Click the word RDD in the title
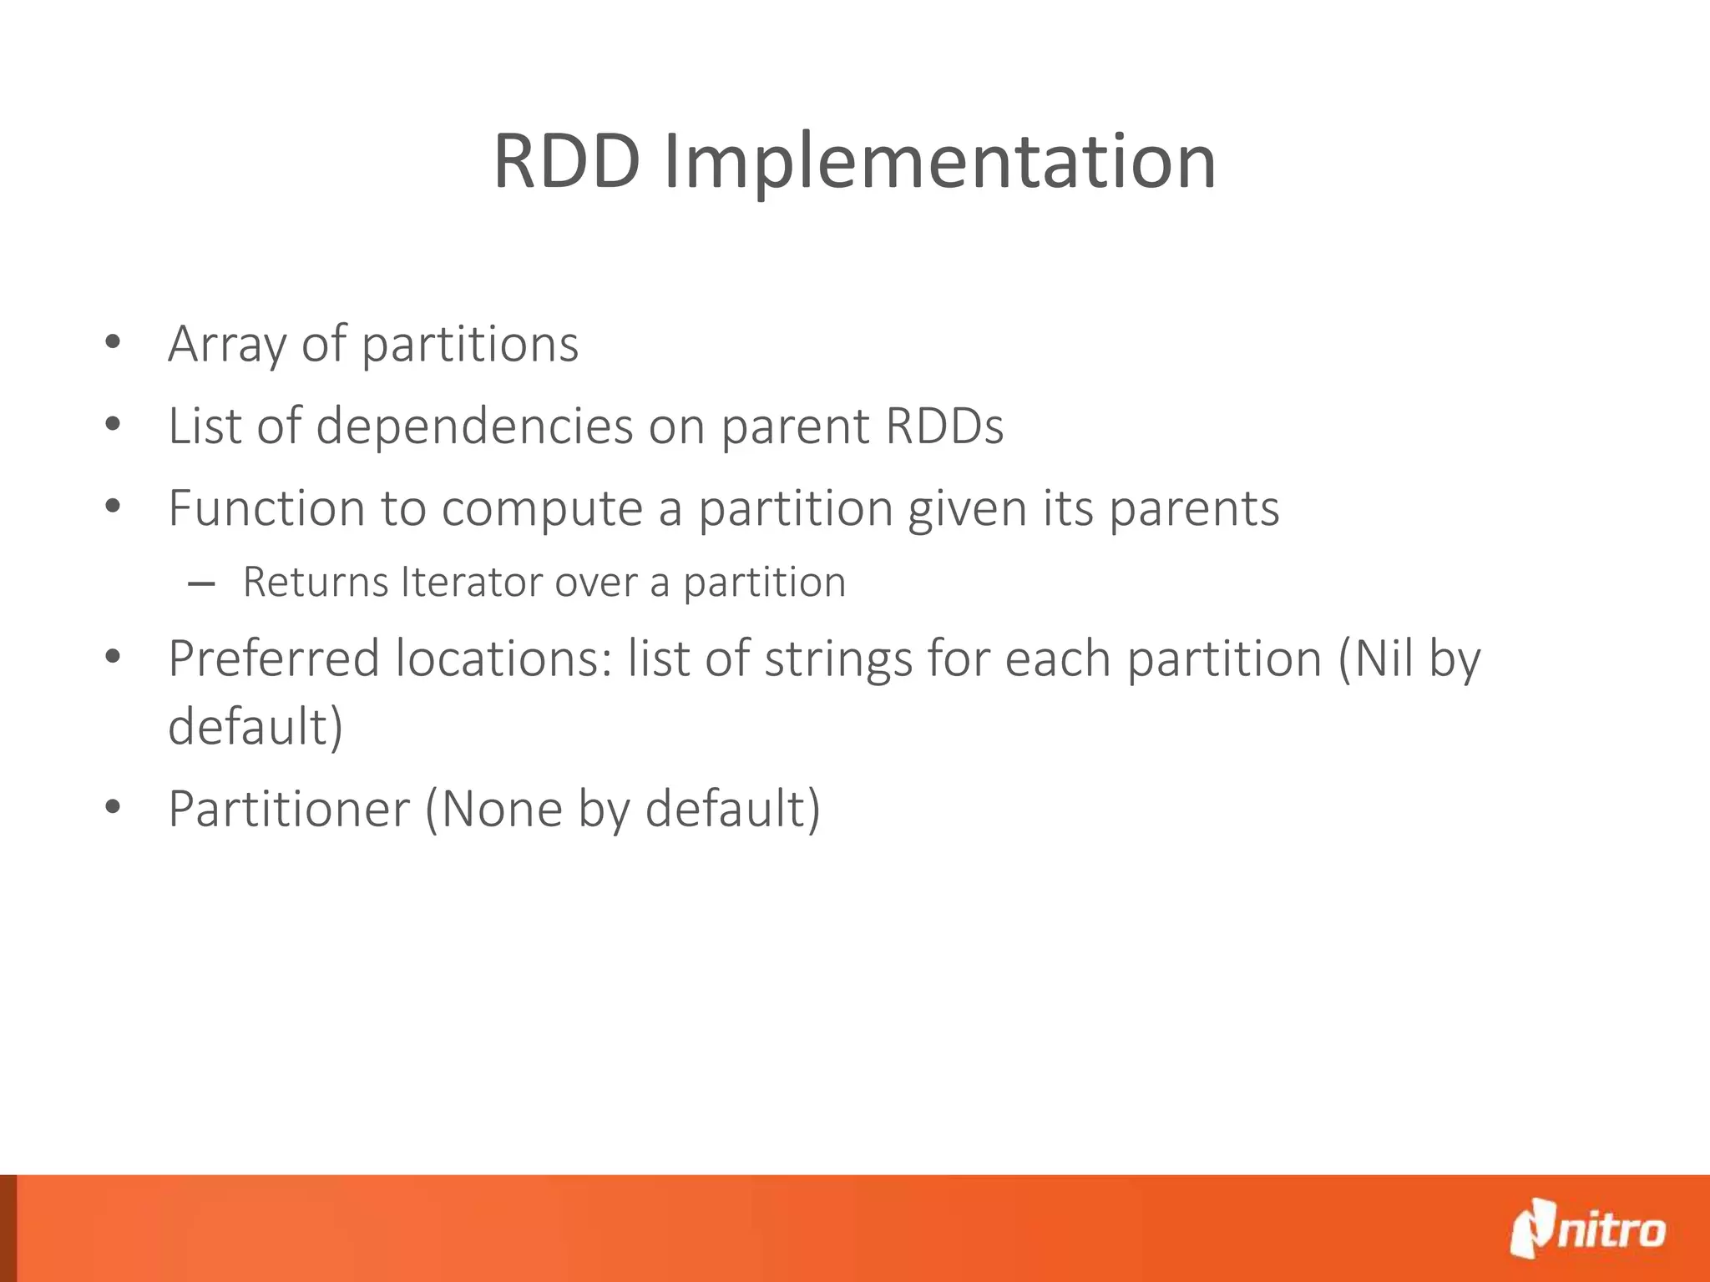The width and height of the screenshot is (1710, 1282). point(567,162)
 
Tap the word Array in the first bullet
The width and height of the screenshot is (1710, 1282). point(225,345)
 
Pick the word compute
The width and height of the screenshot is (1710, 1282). point(542,509)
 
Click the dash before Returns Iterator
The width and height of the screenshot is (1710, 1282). point(201,584)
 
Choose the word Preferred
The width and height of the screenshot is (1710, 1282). point(274,659)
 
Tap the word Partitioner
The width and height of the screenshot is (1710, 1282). point(289,809)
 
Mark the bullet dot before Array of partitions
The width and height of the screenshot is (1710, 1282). point(114,342)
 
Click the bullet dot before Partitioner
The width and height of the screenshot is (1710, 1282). point(114,807)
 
